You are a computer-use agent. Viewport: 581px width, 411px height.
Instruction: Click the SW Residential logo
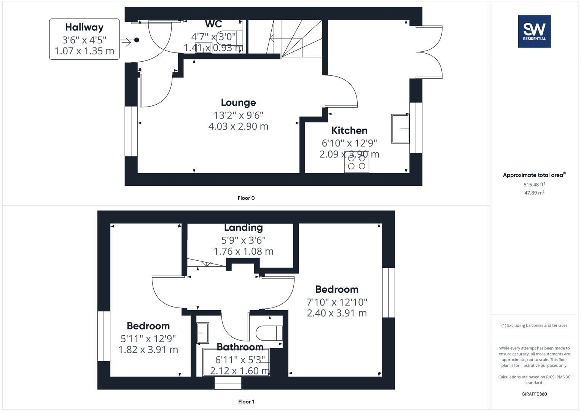[x=534, y=31]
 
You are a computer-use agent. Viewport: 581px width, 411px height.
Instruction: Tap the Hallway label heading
[x=84, y=27]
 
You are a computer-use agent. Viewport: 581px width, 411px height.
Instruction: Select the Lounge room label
[x=238, y=102]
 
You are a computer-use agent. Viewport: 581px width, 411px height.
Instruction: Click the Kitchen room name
[x=349, y=131]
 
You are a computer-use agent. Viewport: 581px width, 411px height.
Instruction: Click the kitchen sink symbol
[x=400, y=129]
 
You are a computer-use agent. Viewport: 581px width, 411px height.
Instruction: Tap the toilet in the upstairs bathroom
[x=269, y=333]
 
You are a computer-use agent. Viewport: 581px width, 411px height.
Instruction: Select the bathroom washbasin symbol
[x=203, y=333]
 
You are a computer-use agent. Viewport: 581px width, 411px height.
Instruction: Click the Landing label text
[x=243, y=228]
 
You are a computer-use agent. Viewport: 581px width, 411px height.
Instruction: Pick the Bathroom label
[x=240, y=347]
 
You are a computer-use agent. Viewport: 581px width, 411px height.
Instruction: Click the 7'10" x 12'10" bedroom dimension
[x=337, y=302]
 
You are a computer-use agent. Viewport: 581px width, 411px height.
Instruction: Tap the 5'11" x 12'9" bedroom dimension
[x=148, y=338]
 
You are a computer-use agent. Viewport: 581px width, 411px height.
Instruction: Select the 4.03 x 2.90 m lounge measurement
[x=238, y=126]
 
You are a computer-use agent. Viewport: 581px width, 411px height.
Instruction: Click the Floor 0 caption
[x=246, y=198]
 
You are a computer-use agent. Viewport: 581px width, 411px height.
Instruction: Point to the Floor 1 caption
[x=246, y=401]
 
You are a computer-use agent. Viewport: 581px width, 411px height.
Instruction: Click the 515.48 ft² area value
[x=534, y=185]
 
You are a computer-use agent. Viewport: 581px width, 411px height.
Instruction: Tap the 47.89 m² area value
[x=534, y=193]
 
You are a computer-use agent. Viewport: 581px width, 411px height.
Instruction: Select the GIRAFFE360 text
[x=534, y=394]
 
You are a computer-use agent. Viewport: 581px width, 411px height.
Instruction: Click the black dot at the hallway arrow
[x=137, y=40]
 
